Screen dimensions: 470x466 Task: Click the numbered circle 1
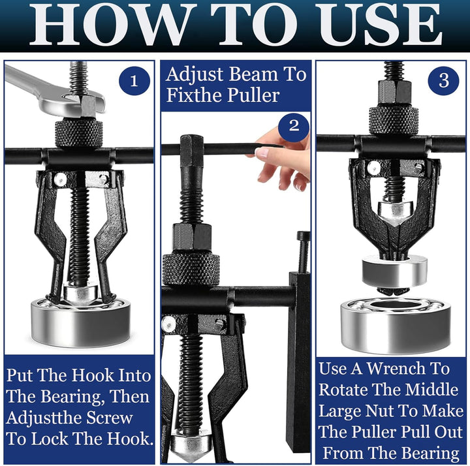[x=134, y=81]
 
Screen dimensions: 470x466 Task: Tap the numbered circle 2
[x=294, y=126]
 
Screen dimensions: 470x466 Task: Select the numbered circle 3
[x=444, y=80]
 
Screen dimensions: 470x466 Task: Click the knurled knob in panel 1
[x=78, y=132]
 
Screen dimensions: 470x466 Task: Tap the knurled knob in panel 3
[x=393, y=120]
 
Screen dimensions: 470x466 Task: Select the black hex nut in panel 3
[x=394, y=92]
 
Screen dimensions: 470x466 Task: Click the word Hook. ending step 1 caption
[x=130, y=439]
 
